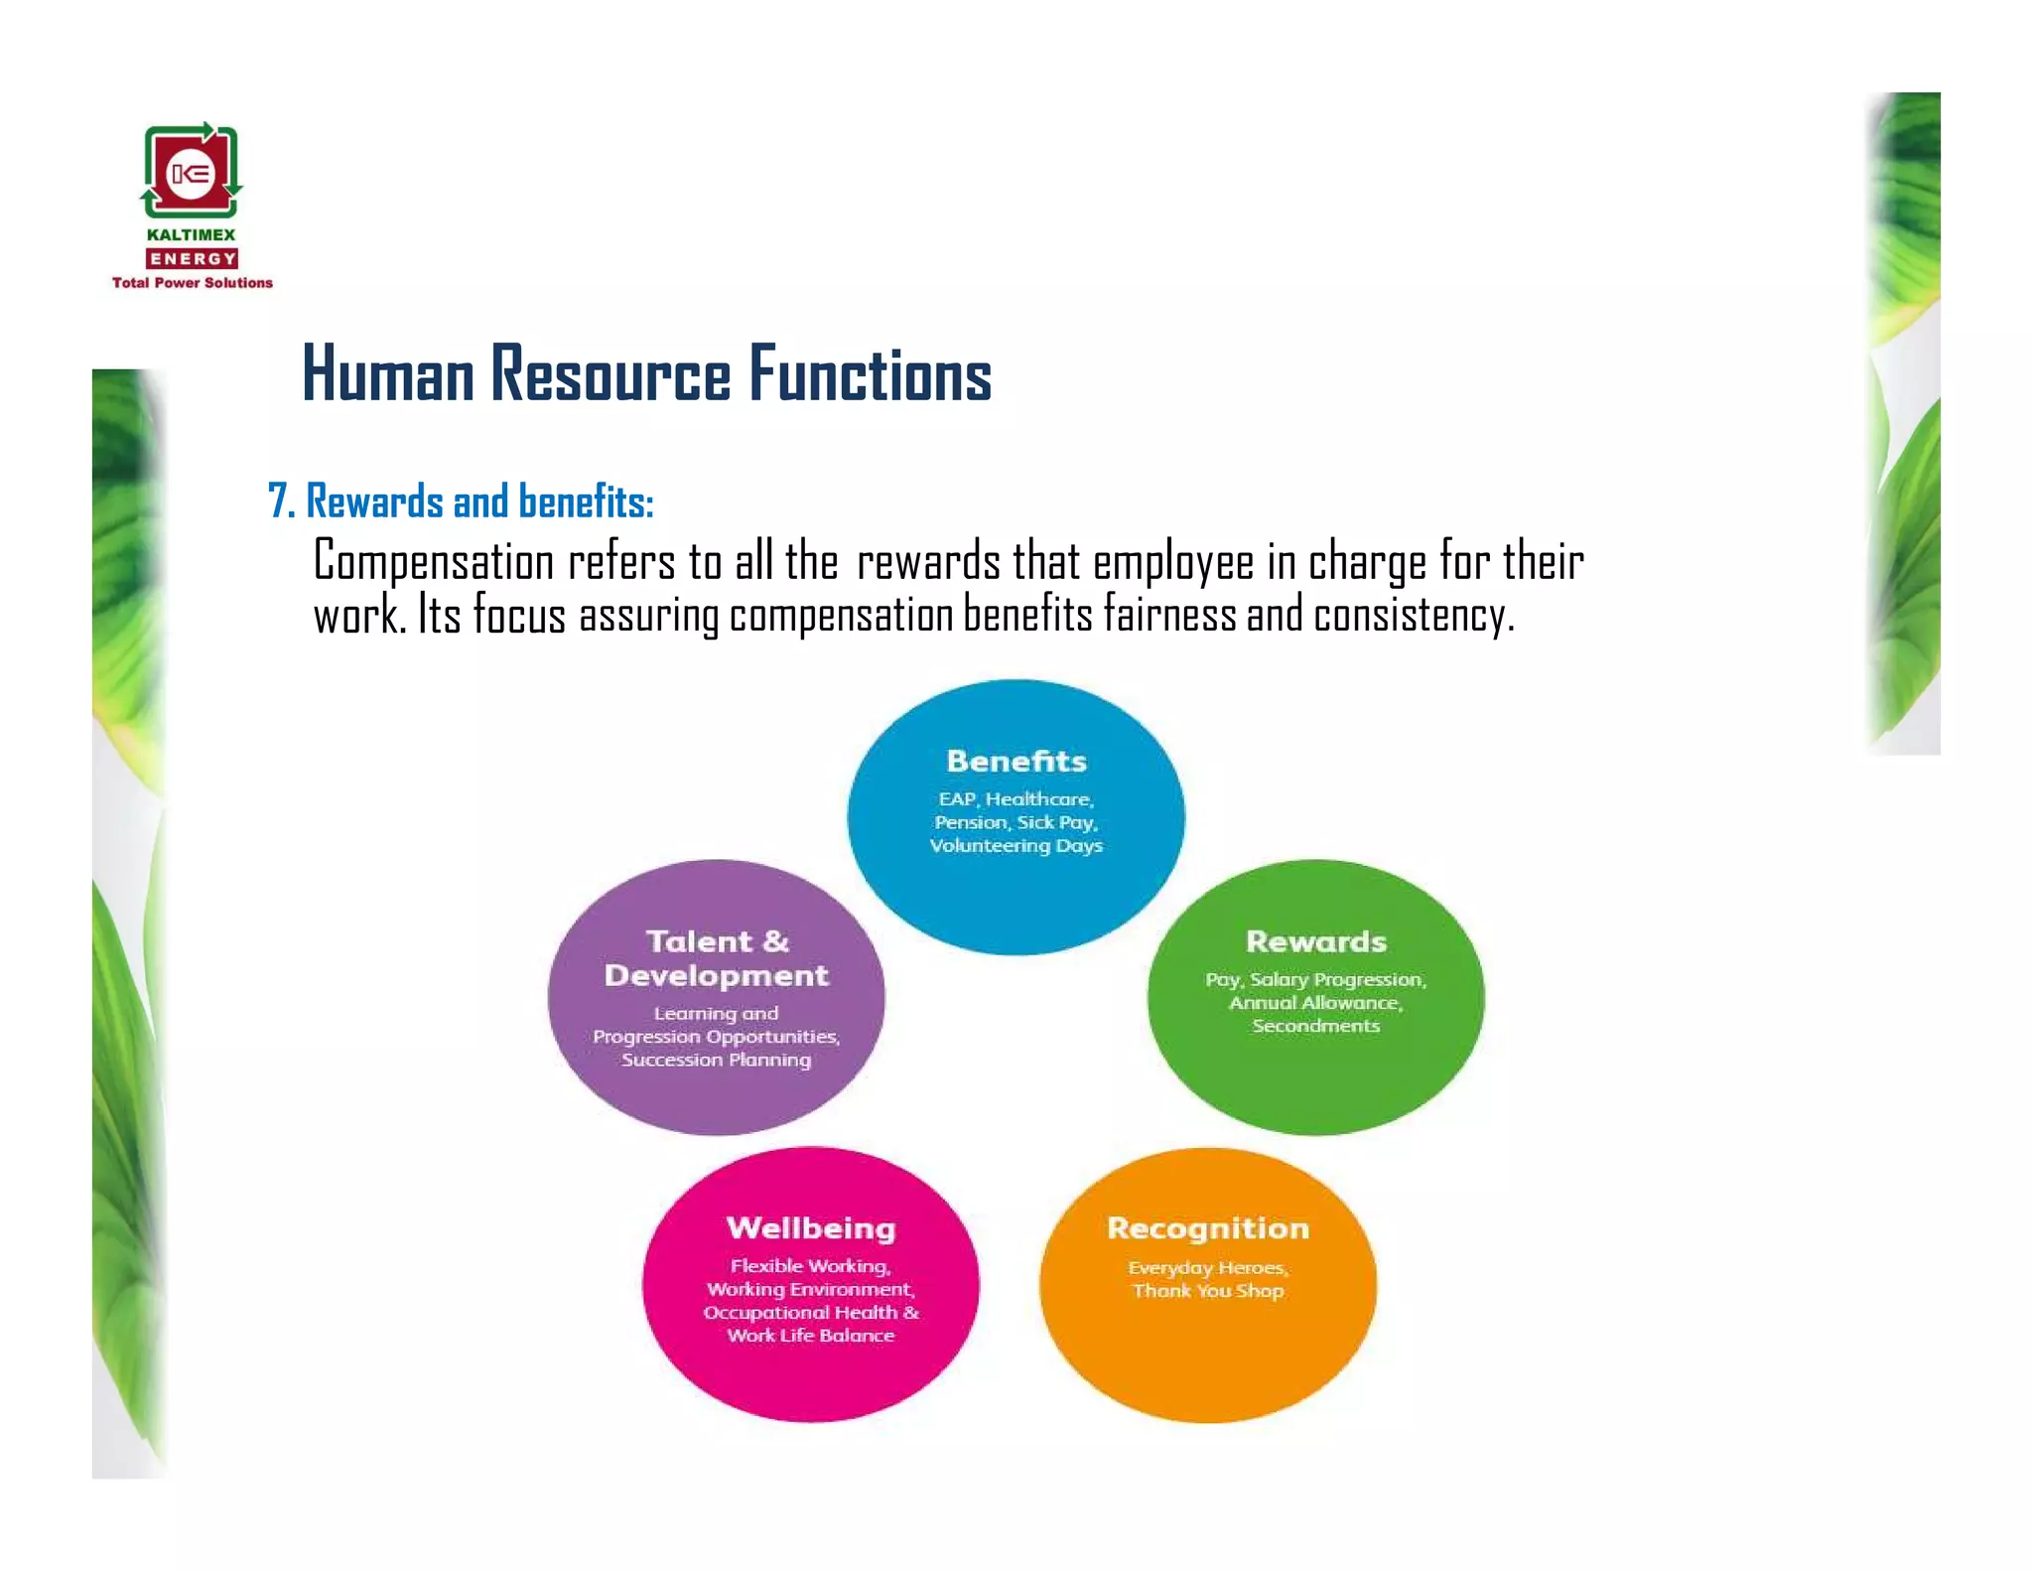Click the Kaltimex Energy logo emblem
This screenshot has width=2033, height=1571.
pos(191,171)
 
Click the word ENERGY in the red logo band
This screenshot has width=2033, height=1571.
pos(192,259)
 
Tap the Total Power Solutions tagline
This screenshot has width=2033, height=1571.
pos(192,283)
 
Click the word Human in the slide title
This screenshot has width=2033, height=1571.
pos(388,375)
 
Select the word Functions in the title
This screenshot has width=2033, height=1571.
pos(870,375)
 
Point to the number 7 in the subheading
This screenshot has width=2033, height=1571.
pos(278,501)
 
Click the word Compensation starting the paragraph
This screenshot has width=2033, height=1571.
pos(433,563)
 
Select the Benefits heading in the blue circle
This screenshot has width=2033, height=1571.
pos(1016,762)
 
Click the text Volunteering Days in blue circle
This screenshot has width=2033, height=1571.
pos(1016,846)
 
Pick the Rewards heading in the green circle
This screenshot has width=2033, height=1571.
pos(1315,941)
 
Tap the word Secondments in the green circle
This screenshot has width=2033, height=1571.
pos(1315,1026)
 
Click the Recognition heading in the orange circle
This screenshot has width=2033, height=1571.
pos(1208,1228)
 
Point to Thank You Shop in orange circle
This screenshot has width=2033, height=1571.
pos(1208,1291)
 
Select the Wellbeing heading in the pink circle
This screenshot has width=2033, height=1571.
pos(811,1228)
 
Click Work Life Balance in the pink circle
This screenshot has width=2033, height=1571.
pos(811,1336)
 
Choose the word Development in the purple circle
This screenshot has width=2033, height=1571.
pos(716,976)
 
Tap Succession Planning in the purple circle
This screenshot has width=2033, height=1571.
pos(716,1060)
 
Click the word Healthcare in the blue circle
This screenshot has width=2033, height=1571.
pos(1039,799)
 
